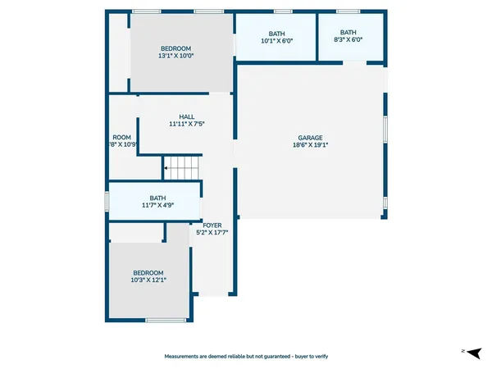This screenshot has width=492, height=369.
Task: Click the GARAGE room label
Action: [x=310, y=138]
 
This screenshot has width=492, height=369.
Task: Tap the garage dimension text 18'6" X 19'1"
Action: [x=310, y=145]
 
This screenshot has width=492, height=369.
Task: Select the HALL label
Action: [x=186, y=116]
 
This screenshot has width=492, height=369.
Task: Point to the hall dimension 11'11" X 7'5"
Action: [x=186, y=124]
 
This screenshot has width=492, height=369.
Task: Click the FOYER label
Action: [x=212, y=225]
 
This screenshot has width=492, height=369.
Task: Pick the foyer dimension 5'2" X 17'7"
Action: [x=212, y=232]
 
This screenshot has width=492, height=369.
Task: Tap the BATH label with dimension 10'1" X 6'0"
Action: [x=276, y=33]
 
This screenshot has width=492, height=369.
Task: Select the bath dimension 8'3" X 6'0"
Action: [x=348, y=40]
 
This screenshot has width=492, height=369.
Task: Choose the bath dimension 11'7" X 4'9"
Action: [x=157, y=205]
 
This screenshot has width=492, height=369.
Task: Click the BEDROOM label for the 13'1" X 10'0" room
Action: [x=176, y=48]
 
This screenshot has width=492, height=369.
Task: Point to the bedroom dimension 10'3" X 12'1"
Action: [x=148, y=280]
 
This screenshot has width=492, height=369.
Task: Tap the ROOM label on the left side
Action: [x=122, y=137]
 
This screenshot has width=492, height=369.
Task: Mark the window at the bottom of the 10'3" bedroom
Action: [x=166, y=320]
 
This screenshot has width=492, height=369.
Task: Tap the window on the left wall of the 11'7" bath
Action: [x=107, y=202]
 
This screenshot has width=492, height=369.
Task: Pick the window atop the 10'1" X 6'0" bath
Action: [x=283, y=11]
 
